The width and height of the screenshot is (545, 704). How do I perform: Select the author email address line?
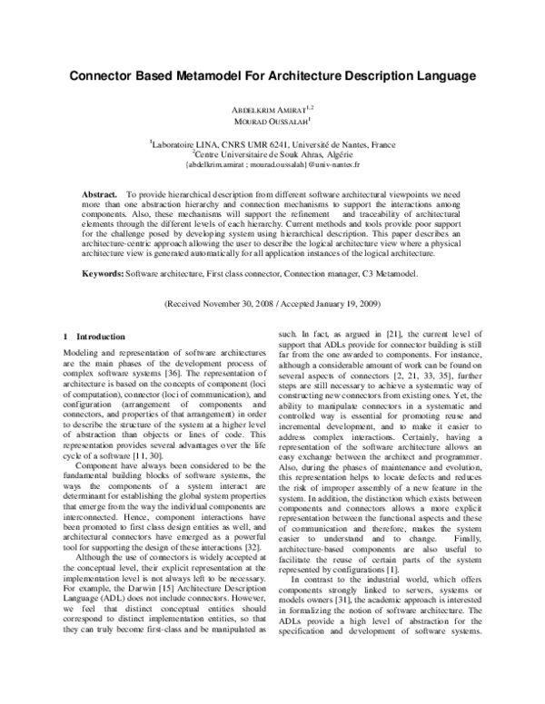coord(272,163)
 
